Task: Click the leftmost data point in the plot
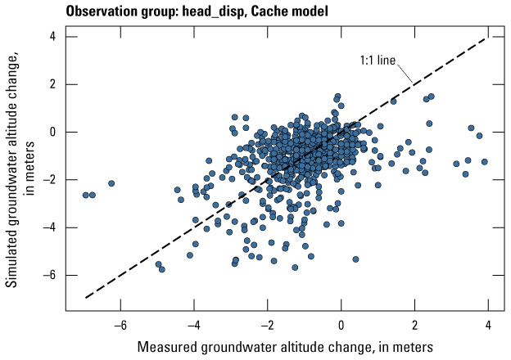pyautogui.click(x=86, y=195)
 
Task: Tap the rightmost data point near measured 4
pyautogui.click(x=485, y=162)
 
